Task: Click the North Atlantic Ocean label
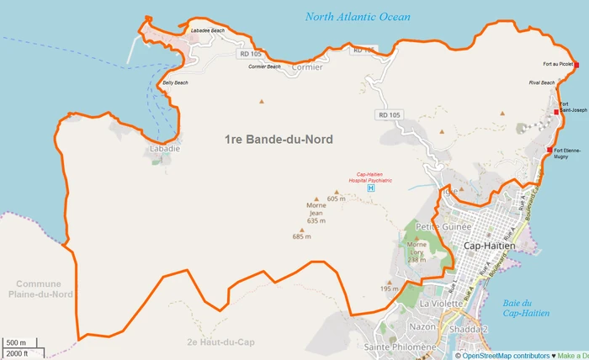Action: click(358, 16)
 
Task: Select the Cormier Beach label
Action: click(264, 66)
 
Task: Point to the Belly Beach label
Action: click(175, 82)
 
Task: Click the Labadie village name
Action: click(164, 148)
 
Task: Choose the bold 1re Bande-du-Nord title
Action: click(279, 139)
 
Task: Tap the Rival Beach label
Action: click(542, 82)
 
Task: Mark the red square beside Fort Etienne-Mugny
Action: click(549, 151)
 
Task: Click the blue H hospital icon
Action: click(371, 188)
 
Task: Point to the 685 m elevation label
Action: click(301, 236)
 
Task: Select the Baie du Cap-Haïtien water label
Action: click(525, 308)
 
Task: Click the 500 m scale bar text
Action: click(16, 343)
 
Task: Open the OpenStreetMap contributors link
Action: click(503, 354)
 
